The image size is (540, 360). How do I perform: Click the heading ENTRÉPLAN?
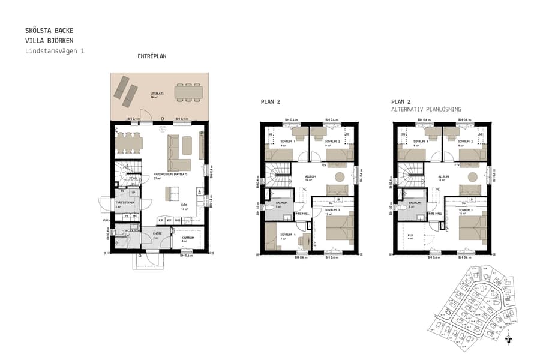coord(152,56)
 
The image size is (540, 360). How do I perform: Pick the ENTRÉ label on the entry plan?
coord(158,234)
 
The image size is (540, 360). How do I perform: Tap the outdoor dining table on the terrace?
coord(188,92)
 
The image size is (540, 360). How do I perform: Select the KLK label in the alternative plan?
coord(411,235)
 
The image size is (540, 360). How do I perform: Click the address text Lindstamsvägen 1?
coord(55,51)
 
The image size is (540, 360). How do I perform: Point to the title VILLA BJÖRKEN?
coord(50,40)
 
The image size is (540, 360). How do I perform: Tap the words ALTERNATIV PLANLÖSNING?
coord(426,109)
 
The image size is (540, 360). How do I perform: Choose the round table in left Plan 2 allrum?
coord(340,177)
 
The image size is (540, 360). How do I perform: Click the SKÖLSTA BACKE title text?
coord(50,30)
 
